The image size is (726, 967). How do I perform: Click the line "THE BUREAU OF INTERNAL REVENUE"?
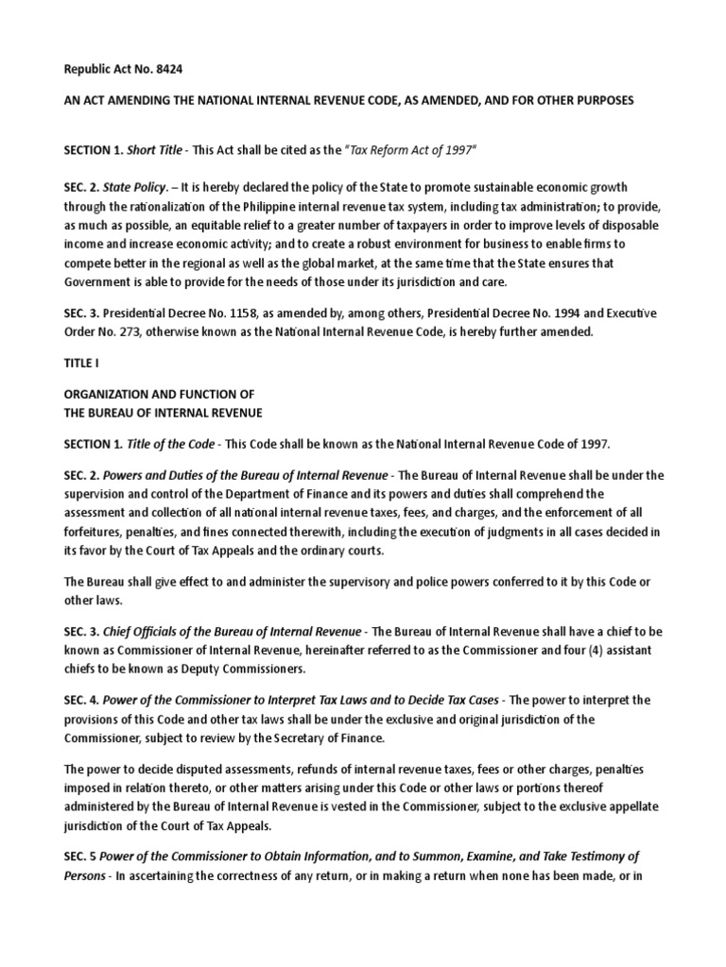pyautogui.click(x=164, y=412)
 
